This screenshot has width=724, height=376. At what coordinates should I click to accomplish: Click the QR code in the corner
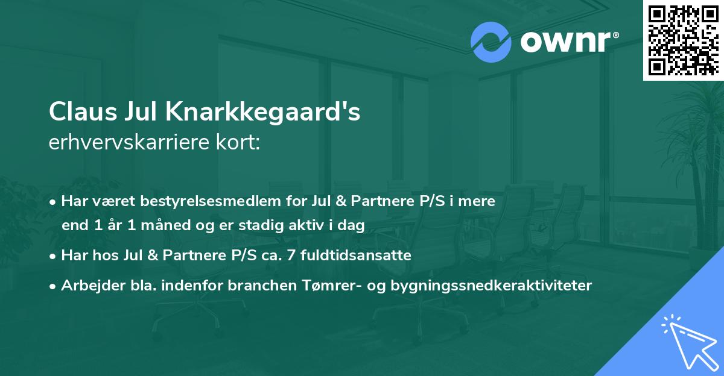[x=684, y=40]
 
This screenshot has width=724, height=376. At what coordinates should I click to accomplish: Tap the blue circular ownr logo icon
[x=492, y=42]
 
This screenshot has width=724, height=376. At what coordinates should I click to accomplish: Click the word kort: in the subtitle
[x=240, y=143]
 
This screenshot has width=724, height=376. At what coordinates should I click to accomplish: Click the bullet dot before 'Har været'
[x=55, y=202]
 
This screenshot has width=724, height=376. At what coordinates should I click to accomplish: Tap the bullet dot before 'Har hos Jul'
[x=55, y=255]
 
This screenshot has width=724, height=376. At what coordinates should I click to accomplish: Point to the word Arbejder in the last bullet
[x=87, y=285]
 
